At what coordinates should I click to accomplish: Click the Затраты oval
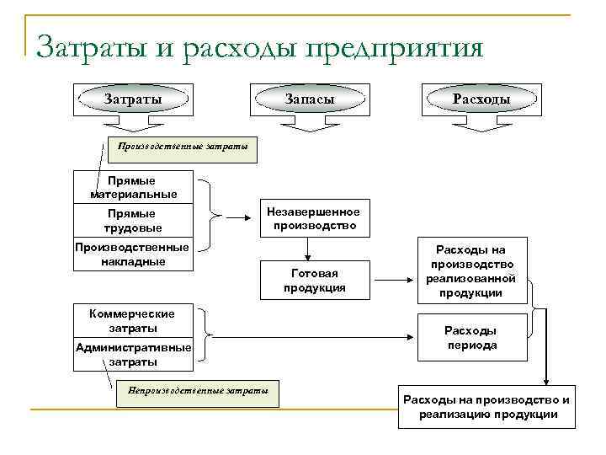[133, 99]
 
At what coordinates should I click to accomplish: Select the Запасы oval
[310, 99]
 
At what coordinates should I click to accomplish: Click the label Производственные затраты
[183, 148]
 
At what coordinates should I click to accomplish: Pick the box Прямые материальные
[133, 187]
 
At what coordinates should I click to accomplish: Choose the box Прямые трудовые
[133, 221]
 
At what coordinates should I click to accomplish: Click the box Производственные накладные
[133, 254]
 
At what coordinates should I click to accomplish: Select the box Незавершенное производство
[314, 219]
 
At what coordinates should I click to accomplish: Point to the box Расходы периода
[471, 338]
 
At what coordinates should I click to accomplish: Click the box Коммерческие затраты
[133, 320]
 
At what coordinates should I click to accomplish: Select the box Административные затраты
[133, 354]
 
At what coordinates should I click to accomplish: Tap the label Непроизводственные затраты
[198, 390]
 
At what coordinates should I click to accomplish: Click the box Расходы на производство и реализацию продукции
[486, 407]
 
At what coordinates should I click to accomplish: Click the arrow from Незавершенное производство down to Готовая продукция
[308, 249]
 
